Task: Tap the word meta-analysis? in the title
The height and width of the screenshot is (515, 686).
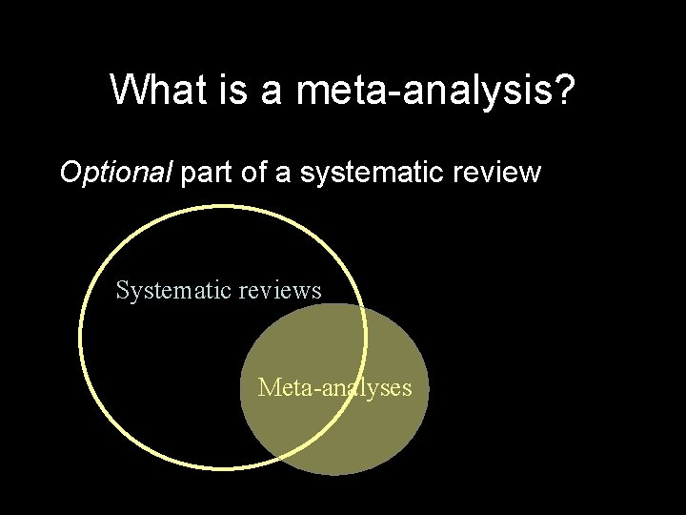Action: pyautogui.click(x=436, y=91)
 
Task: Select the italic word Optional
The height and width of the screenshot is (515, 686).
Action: pyautogui.click(x=115, y=173)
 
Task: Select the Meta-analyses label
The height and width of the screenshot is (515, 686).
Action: pyautogui.click(x=334, y=387)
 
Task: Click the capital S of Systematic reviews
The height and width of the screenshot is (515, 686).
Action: pyautogui.click(x=122, y=290)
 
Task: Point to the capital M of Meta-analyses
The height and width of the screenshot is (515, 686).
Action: pyautogui.click(x=267, y=387)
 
